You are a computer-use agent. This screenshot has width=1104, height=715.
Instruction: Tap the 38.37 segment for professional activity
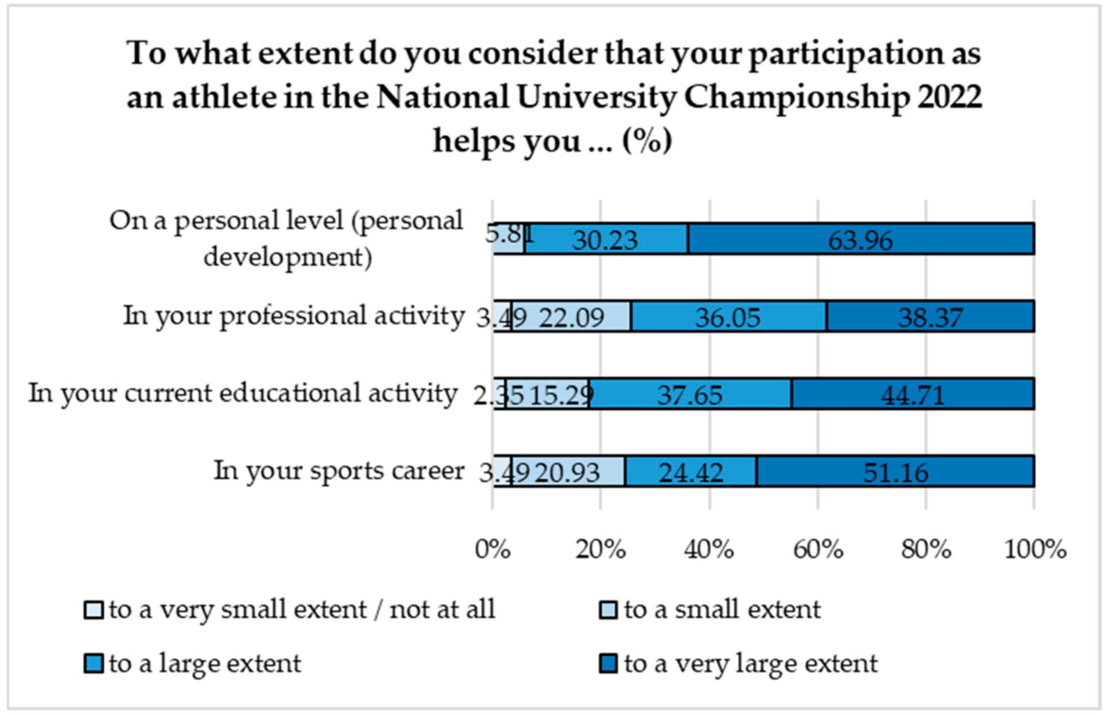click(930, 317)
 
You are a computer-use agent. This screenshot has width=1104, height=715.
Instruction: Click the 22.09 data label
click(572, 318)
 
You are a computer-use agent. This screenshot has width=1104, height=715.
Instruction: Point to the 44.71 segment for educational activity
click(913, 395)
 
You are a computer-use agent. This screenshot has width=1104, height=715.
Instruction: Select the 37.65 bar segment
click(690, 395)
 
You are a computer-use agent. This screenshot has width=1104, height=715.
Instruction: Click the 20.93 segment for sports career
click(568, 472)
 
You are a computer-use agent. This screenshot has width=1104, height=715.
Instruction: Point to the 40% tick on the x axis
click(709, 550)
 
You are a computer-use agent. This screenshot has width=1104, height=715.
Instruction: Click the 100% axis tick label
click(1035, 550)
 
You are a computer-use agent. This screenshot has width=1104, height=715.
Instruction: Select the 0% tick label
click(493, 550)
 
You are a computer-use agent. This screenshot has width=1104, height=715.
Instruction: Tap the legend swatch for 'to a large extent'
click(93, 663)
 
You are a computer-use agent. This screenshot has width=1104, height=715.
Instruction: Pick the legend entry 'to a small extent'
click(722, 610)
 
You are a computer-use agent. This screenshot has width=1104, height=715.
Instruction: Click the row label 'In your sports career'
click(339, 471)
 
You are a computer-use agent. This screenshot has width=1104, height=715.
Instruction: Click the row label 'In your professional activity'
click(294, 316)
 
